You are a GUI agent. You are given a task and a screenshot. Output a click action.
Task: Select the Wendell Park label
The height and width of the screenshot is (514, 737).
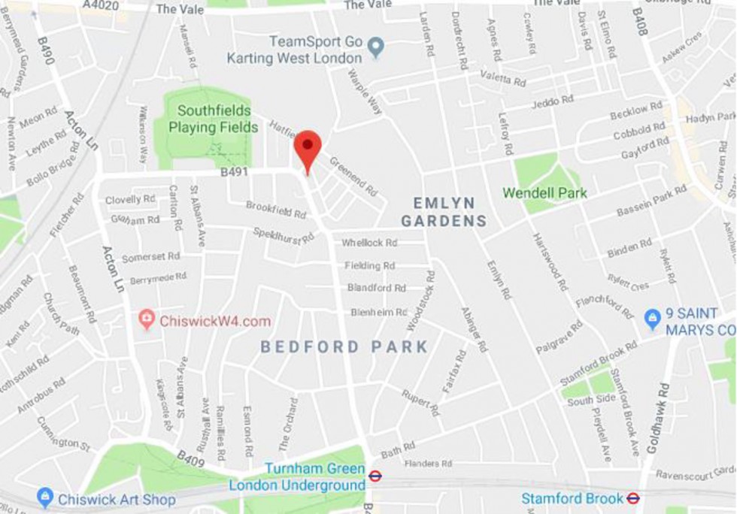coord(544,193)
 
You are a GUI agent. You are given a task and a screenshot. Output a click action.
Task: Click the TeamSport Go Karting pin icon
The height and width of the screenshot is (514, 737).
coord(376,49)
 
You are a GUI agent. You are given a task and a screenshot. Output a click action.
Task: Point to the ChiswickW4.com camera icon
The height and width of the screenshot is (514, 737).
coord(147,320)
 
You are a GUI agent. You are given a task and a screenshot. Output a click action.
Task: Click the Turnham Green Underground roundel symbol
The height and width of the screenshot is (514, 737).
coord(375,476)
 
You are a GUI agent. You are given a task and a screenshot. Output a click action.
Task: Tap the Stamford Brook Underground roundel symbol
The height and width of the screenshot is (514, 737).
coord(633,498)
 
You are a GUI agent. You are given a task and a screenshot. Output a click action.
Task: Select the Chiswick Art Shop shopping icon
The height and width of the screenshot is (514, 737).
coord(45,497)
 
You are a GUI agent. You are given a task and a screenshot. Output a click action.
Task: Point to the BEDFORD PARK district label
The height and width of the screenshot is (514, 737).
coord(344,347)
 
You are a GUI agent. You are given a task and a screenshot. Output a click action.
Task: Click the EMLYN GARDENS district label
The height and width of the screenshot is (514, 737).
coord(443,212)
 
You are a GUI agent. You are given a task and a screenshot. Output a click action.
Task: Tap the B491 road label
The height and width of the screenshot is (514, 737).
coord(234,172)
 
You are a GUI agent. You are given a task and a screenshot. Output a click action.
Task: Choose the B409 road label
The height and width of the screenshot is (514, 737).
coord(190,458)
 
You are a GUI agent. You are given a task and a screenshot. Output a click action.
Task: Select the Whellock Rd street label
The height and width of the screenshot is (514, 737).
coord(368,243)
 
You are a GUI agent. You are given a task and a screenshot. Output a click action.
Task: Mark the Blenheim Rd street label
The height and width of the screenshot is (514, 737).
coord(378,312)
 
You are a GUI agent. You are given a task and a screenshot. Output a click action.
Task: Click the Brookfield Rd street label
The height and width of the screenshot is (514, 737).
coord(276,210)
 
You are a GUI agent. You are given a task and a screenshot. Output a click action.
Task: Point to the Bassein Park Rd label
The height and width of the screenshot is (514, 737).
coord(651,201)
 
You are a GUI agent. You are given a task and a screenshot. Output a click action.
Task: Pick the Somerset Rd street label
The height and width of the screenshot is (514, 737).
coord(150,257)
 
